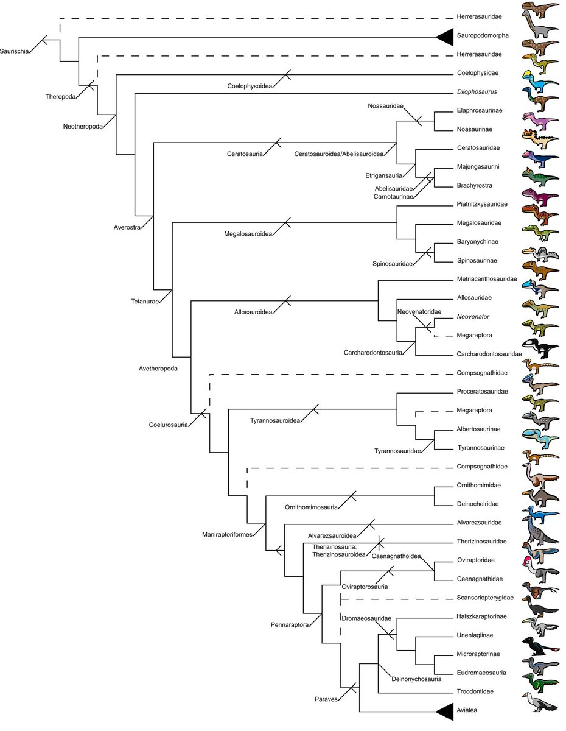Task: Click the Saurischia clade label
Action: tap(14, 50)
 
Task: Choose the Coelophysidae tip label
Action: tap(478, 73)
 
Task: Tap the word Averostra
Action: tap(127, 227)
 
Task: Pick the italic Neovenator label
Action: tap(473, 317)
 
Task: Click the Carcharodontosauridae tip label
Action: tap(489, 354)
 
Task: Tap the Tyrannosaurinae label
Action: tap(480, 448)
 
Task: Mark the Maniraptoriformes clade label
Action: tap(228, 534)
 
